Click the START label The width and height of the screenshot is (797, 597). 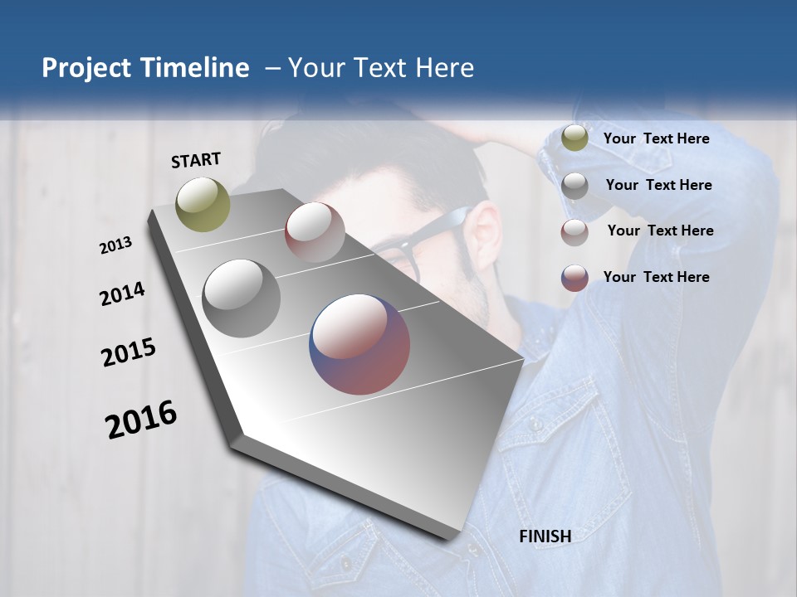[196, 160]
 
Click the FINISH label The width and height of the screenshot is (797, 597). [545, 536]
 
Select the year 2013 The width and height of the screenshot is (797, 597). [116, 245]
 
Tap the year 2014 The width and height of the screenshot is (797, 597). [122, 294]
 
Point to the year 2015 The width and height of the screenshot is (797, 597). [129, 352]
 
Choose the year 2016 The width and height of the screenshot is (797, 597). [141, 420]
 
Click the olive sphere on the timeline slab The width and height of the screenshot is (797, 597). [203, 204]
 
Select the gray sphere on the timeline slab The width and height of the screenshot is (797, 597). [242, 298]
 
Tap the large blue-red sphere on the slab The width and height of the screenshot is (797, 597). [359, 344]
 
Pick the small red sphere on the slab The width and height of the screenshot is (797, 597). [315, 232]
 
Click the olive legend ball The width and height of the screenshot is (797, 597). [575, 138]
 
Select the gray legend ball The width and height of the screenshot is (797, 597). [575, 185]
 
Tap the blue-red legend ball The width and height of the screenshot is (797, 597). [575, 278]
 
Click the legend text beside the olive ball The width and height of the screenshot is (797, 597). [656, 138]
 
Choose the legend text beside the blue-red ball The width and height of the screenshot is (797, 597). [656, 277]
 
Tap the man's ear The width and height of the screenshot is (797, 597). [486, 240]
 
